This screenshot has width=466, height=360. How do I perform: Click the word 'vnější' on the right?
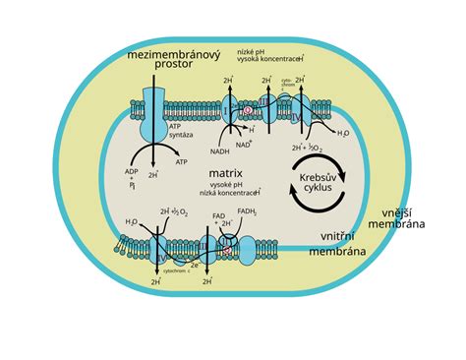[402, 211]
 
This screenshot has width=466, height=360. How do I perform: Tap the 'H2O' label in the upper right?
[342, 133]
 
